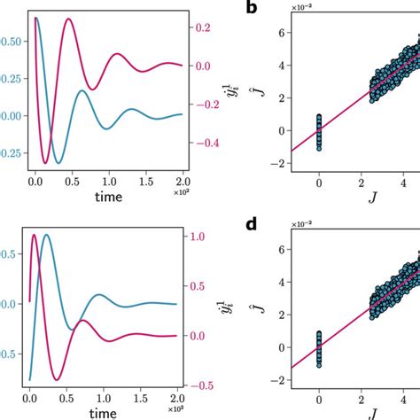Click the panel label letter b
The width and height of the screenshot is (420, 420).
(252, 8)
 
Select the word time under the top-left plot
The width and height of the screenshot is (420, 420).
(114, 196)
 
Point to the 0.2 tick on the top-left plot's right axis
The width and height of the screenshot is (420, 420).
(203, 28)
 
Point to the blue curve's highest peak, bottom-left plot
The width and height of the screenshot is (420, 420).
(46, 235)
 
